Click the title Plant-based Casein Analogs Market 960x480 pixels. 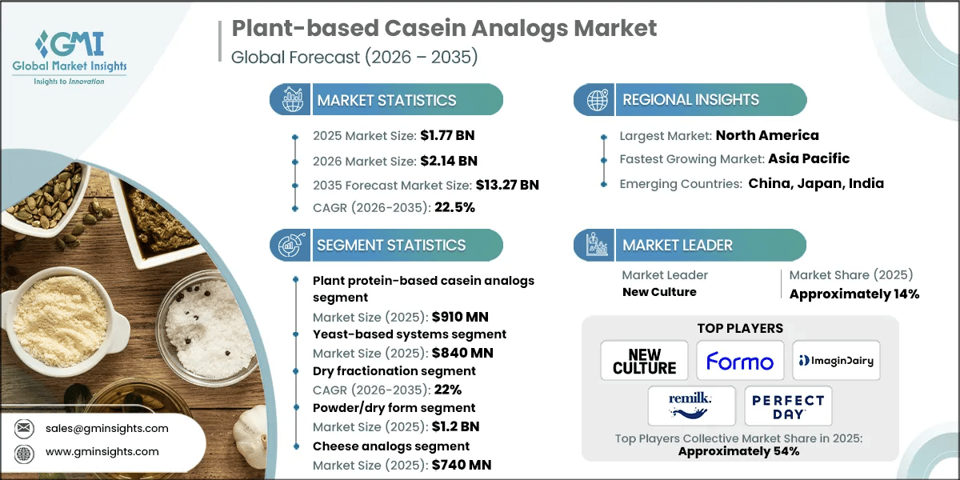[444, 29]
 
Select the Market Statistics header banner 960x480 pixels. [386, 100]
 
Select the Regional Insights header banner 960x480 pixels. [690, 100]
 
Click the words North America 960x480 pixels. [766, 135]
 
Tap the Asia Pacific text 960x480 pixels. [809, 158]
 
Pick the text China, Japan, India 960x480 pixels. [816, 183]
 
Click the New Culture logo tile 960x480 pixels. [644, 362]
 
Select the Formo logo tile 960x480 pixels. [739, 362]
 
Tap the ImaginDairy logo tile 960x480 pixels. [835, 362]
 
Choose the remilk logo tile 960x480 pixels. [691, 406]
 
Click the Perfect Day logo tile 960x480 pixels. [787, 406]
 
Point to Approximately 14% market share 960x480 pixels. [854, 294]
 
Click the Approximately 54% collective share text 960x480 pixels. [738, 451]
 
